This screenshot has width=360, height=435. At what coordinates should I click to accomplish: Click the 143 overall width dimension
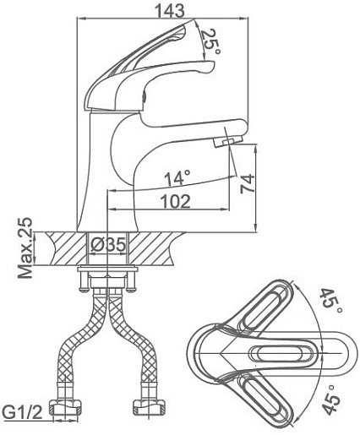[170, 10]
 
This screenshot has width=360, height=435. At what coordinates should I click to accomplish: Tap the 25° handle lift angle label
[210, 41]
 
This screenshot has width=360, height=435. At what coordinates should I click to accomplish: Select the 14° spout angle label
[177, 178]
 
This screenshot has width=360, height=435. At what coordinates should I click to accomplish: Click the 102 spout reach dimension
[175, 201]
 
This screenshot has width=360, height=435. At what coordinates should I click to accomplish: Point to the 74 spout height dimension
[248, 184]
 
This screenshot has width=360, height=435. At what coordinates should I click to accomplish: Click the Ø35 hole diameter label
[108, 245]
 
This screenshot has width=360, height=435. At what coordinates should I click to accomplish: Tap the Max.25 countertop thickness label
[25, 247]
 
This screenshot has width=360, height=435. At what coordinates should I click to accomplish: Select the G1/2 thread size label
[24, 413]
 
